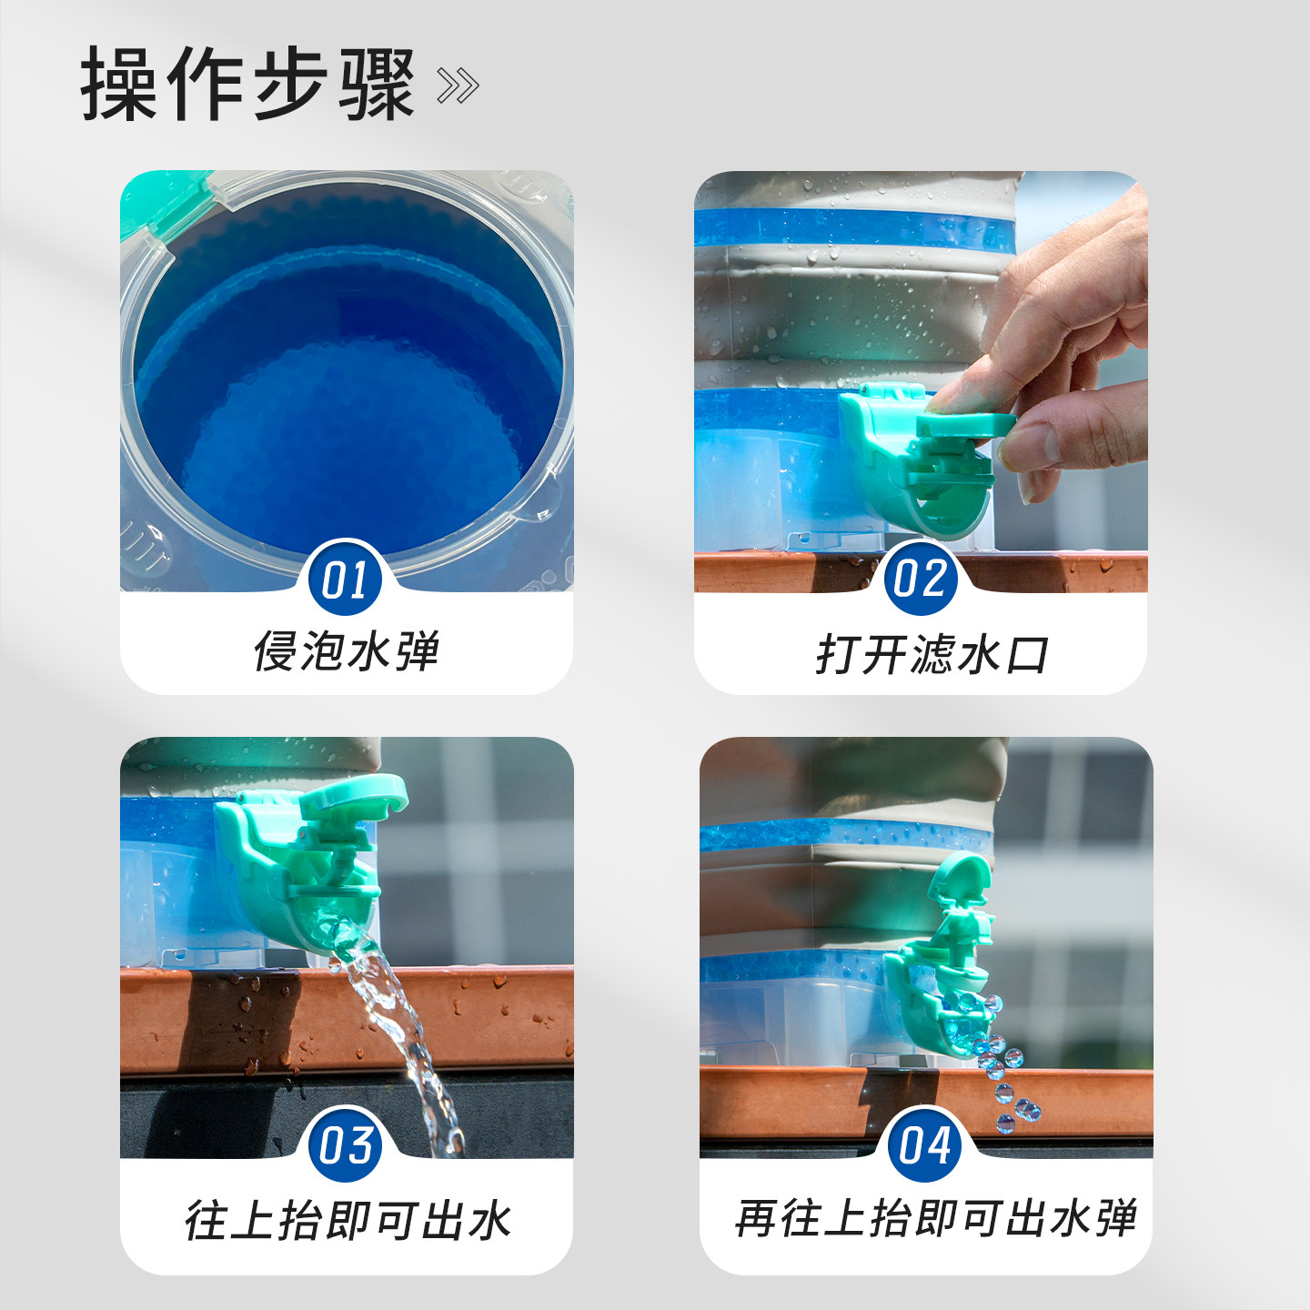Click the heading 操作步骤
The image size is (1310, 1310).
tap(247, 84)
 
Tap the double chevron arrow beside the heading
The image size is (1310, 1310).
tap(458, 86)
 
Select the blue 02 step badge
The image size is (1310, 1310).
tap(920, 579)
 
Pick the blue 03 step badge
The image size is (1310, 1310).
tap(346, 1144)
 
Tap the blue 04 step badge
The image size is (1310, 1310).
tap(924, 1144)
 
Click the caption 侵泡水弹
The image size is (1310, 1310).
tap(346, 651)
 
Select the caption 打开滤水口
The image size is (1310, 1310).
tap(932, 655)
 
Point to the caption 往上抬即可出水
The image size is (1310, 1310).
tap(348, 1220)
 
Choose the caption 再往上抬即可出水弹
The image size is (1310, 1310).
tap(935, 1218)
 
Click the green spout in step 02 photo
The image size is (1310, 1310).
tap(919, 464)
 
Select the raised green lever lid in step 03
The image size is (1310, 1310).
tap(355, 796)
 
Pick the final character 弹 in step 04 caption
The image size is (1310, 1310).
tap(1115, 1218)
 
